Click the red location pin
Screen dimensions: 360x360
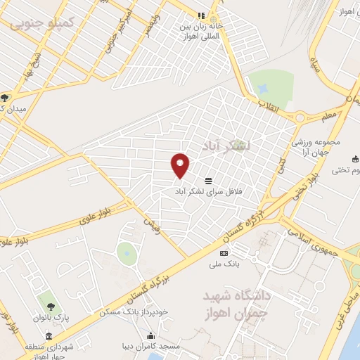click(x=180, y=165)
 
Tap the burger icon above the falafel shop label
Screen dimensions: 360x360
click(x=209, y=179)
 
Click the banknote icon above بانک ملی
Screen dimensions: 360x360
click(x=224, y=253)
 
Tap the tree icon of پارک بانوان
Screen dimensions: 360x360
click(x=51, y=306)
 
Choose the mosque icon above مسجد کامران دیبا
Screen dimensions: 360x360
click(x=150, y=335)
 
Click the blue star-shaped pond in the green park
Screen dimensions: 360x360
click(x=263, y=89)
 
